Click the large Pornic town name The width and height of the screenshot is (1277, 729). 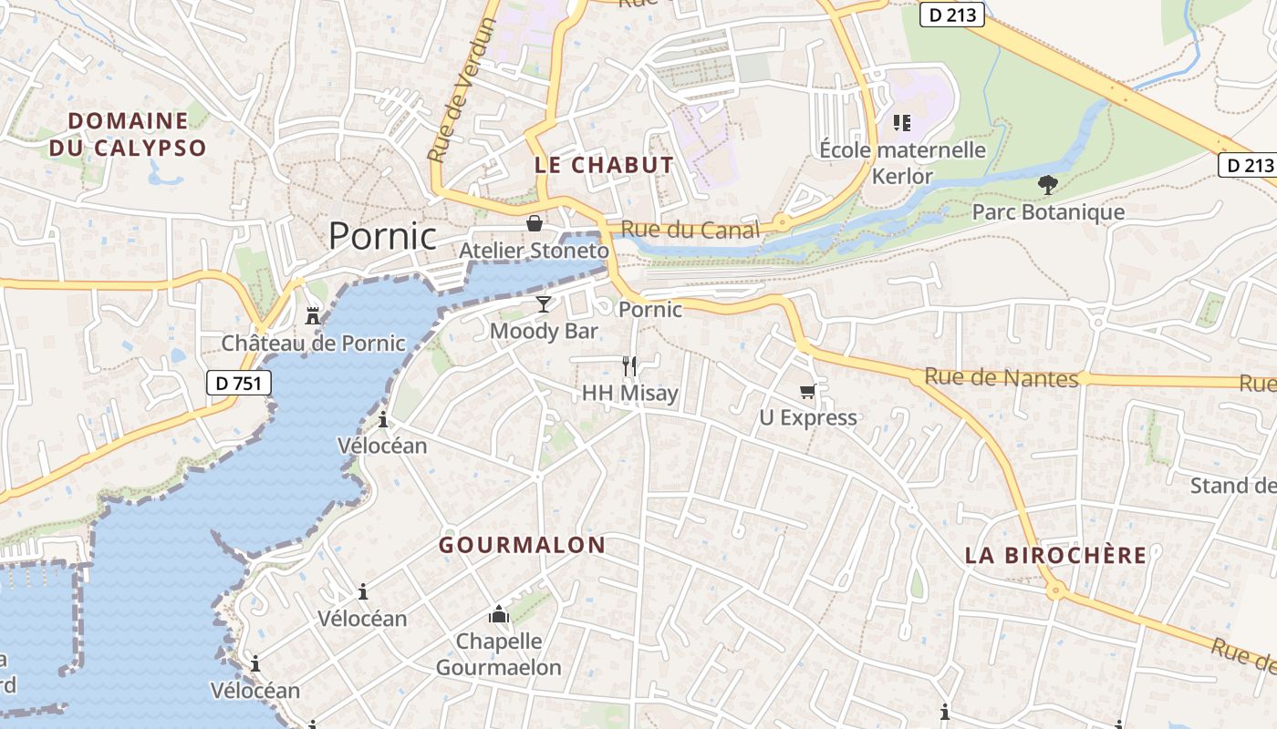[x=382, y=236]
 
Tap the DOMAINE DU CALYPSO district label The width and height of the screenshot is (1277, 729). [x=128, y=134]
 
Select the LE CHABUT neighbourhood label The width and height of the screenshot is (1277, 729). [x=604, y=165]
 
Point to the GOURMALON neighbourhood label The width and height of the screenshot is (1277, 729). [x=522, y=545]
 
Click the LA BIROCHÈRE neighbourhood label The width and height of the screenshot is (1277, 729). [x=1055, y=555]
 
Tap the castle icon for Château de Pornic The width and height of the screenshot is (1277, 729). [x=313, y=316]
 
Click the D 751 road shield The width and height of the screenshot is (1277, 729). [x=238, y=383]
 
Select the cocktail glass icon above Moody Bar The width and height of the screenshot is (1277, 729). [x=544, y=303]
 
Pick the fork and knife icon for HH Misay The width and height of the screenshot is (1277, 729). [x=629, y=365]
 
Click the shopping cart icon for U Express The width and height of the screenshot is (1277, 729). [x=807, y=391]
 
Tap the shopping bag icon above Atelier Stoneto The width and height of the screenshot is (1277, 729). [x=535, y=223]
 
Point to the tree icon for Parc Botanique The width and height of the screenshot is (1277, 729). [x=1048, y=185]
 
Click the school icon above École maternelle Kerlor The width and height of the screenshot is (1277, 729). [x=902, y=122]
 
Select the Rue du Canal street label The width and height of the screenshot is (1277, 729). [x=690, y=230]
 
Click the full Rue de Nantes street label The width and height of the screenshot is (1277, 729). [x=1001, y=377]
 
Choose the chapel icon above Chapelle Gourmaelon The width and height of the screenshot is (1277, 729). [x=498, y=615]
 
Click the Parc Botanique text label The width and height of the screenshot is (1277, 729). [x=1048, y=212]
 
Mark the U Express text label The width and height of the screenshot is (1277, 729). [x=808, y=417]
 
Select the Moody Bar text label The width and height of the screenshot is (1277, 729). [x=544, y=331]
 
